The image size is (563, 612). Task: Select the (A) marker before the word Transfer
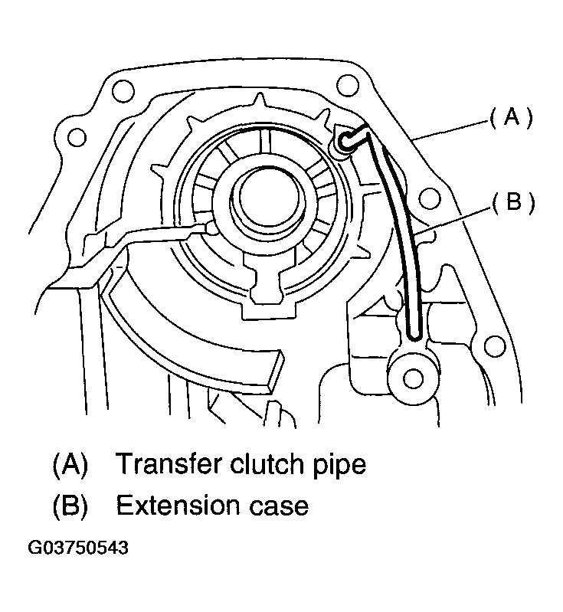coord(70,464)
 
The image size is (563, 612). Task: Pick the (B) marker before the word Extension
coord(70,506)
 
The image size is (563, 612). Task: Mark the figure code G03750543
coord(78,549)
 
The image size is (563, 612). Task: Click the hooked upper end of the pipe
coord(349,139)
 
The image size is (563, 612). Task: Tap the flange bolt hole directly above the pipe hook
coord(346,84)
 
